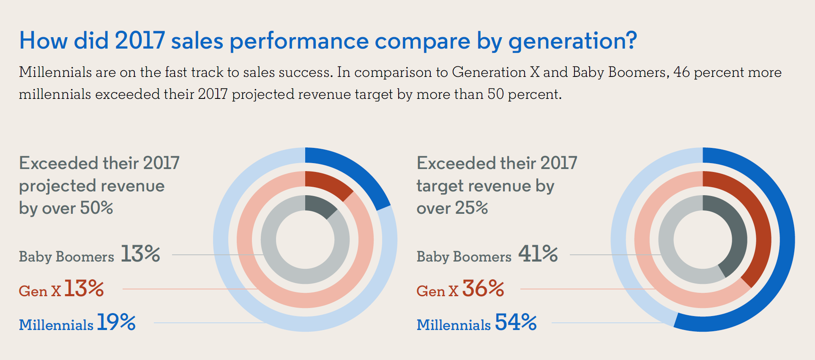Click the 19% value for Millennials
116,322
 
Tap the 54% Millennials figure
516,322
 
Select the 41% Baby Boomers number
538,254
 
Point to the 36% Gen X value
483,289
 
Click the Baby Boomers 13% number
140,254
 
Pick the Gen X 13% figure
84,289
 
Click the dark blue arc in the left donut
351,171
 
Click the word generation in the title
572,41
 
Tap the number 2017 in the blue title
139,41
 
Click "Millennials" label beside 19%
56,325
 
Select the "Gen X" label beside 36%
437,291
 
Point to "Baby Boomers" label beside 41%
464,256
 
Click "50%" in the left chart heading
96,208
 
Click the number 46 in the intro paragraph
681,72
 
